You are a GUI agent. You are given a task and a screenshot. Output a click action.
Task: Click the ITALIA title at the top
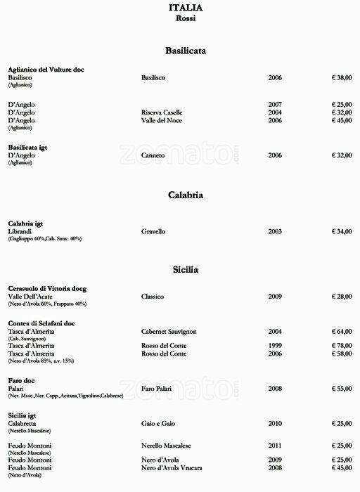coord(186,8)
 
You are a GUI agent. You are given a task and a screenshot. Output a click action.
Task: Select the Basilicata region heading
coord(186,51)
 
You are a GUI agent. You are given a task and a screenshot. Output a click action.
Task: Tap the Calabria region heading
coord(186,195)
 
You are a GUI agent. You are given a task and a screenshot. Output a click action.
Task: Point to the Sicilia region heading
coord(186,269)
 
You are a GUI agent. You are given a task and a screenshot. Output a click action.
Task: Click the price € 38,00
coord(342,77)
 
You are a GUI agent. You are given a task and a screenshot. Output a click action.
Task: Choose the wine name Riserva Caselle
coord(162,112)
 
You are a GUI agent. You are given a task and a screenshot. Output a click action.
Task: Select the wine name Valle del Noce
coord(162,120)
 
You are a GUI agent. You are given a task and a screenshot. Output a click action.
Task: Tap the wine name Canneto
coord(153,155)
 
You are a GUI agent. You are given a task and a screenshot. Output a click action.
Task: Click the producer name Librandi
coord(20,231)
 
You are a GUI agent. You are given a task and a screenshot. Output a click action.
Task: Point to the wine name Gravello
coord(153,231)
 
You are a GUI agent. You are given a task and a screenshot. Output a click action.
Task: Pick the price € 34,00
coord(342,231)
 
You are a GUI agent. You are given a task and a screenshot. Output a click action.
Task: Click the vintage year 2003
coord(275,231)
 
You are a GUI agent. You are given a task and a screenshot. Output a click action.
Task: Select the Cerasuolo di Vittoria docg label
coord(47,289)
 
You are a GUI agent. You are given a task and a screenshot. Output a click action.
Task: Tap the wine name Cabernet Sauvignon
coord(172,331)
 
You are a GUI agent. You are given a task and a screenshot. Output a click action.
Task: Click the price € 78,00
coord(342,346)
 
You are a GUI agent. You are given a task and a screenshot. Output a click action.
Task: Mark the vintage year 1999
coord(275,346)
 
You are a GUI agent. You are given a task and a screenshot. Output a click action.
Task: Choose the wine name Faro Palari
coord(157,388)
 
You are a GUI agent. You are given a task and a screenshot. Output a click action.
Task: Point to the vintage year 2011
coord(275,446)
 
